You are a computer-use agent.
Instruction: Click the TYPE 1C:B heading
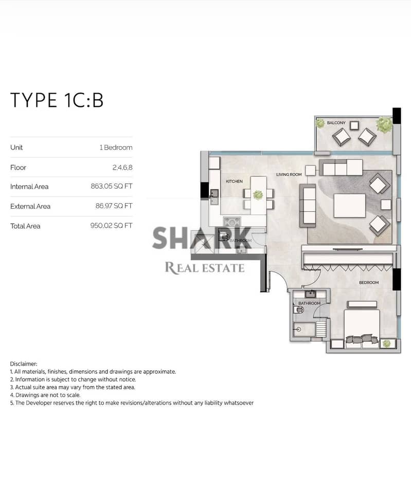point(57,100)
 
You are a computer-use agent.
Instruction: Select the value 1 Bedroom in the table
point(116,148)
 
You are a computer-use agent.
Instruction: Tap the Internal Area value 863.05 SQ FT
point(112,187)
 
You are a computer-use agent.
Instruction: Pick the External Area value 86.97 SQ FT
point(114,206)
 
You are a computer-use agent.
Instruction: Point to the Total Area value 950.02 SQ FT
point(112,226)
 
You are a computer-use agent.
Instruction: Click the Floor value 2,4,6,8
point(122,168)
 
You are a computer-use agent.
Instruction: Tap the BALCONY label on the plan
point(336,123)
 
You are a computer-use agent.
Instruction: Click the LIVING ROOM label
point(289,175)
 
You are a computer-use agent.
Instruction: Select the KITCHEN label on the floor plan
point(235,181)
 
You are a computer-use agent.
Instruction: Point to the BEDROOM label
point(369,282)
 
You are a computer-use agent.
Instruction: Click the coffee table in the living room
point(349,206)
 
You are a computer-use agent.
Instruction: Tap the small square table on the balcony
point(354,125)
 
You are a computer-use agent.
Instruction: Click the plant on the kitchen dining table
point(258,195)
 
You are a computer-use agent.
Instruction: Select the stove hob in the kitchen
point(232,222)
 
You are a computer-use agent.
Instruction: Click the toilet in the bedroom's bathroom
point(298,310)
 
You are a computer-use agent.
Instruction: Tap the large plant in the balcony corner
point(384,125)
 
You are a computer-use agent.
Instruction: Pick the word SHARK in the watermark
point(202,238)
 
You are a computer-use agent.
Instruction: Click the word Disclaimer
point(24,364)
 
